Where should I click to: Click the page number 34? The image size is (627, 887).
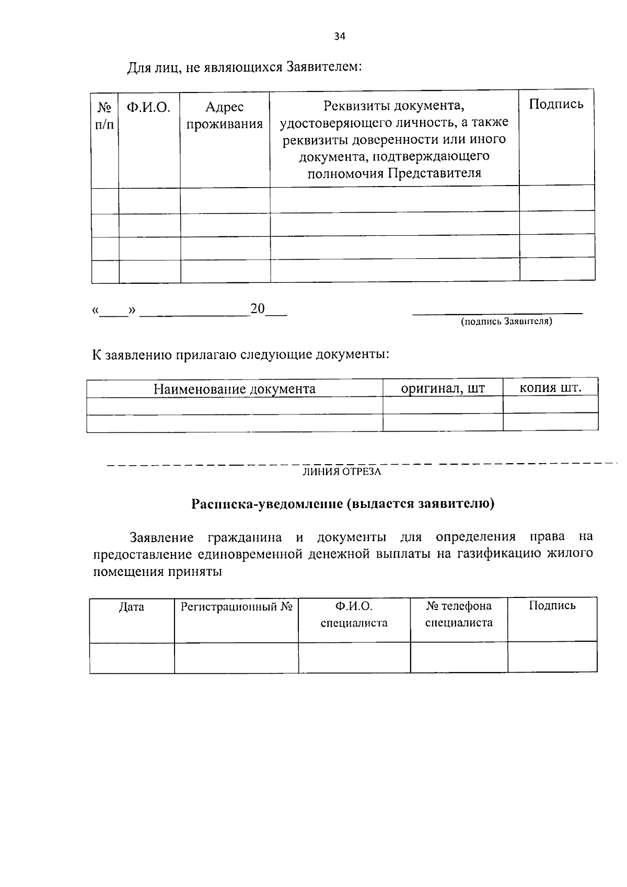(x=340, y=37)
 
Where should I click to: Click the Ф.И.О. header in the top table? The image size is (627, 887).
(x=149, y=108)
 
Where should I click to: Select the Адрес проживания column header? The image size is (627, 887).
(x=225, y=116)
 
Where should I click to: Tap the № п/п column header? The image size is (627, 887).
(x=105, y=116)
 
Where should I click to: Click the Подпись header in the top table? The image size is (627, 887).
(x=556, y=104)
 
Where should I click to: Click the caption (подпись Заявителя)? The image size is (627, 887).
(x=506, y=321)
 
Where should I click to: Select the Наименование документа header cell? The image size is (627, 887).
(x=234, y=389)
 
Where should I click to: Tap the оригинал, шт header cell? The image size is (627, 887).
(x=443, y=388)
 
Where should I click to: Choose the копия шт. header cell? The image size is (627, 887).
(x=550, y=388)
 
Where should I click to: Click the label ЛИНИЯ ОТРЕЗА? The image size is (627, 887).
(x=342, y=472)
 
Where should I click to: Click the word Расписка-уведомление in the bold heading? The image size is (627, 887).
(x=265, y=504)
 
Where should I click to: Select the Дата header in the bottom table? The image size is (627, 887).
(x=132, y=607)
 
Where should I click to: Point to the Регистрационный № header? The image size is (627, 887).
(x=236, y=607)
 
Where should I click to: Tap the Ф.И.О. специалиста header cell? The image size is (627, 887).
(x=354, y=614)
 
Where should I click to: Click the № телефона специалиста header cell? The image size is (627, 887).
(x=459, y=614)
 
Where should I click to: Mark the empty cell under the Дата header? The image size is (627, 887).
(x=132, y=658)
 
